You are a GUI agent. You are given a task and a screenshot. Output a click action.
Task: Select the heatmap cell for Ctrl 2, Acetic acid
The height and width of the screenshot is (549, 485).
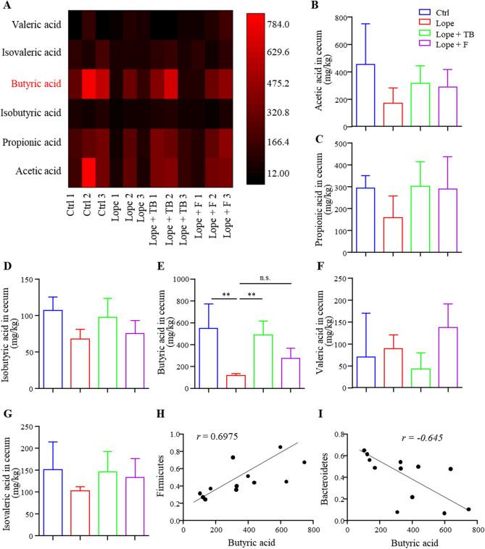(x=91, y=171)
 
